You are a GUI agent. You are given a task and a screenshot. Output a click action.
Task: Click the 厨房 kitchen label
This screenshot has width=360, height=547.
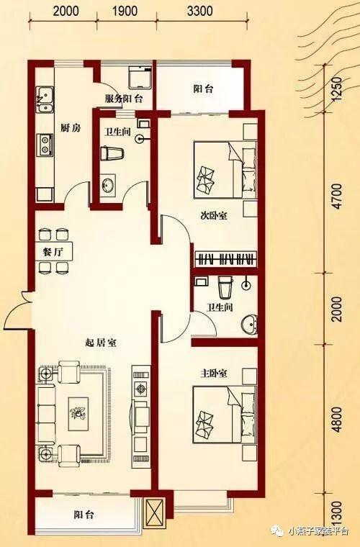pyautogui.click(x=71, y=128)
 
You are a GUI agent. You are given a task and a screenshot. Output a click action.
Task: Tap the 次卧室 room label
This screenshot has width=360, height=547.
pyautogui.click(x=214, y=216)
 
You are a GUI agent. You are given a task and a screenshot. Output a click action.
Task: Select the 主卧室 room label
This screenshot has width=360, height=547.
pyautogui.click(x=214, y=374)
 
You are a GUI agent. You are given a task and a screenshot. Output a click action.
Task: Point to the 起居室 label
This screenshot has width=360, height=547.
pyautogui.click(x=101, y=343)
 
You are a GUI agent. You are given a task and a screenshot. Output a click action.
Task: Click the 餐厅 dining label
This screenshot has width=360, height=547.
pyautogui.click(x=53, y=252)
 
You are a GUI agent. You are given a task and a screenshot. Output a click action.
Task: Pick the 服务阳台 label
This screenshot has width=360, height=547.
pyautogui.click(x=124, y=99)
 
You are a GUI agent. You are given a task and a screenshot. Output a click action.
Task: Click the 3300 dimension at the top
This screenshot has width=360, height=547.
pyautogui.click(x=199, y=11)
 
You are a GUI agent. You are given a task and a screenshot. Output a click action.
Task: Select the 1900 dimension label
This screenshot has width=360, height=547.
pyautogui.click(x=125, y=11)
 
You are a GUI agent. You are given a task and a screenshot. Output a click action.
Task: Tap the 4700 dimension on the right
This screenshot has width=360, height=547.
pyautogui.click(x=338, y=196)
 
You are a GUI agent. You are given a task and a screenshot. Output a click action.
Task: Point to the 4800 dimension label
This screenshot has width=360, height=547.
pyautogui.click(x=338, y=420)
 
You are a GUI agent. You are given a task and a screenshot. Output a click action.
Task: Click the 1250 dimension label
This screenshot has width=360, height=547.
pyautogui.click(x=336, y=89)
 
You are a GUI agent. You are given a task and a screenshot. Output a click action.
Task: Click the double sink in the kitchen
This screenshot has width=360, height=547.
pyautogui.click(x=45, y=100)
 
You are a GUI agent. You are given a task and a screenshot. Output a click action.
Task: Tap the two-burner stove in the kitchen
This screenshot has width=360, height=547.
pyautogui.click(x=45, y=145)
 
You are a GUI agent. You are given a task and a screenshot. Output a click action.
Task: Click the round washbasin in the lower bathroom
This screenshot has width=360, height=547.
pyautogui.click(x=248, y=324)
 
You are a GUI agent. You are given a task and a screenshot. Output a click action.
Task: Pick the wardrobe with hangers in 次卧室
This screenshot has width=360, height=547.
pyautogui.click(x=225, y=259)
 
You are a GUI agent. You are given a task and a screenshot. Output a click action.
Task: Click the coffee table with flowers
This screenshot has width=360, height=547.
pyautogui.click(x=78, y=414)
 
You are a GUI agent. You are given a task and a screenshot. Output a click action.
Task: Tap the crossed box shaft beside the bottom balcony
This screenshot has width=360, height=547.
pyautogui.click(x=155, y=512)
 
